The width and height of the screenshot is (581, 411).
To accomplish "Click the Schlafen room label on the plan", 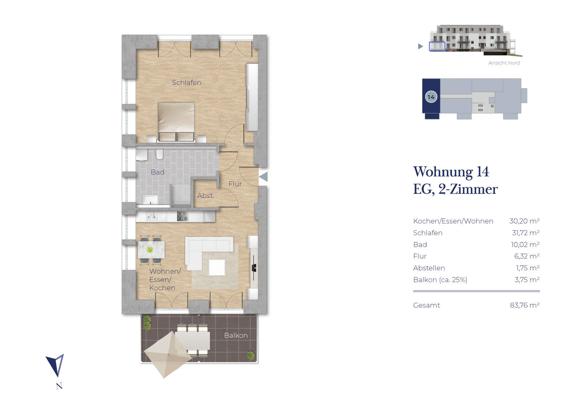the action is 187,82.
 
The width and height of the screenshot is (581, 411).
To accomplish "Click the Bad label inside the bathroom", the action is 158,172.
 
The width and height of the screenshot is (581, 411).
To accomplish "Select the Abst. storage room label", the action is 206,196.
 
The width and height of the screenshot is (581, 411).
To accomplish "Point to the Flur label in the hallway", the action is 235,184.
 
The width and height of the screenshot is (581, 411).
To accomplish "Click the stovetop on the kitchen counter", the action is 182,216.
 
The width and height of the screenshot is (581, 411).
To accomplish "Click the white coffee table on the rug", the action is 217,267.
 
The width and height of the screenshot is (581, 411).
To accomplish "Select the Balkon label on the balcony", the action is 236,335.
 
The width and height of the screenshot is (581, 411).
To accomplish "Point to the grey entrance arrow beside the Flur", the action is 263,176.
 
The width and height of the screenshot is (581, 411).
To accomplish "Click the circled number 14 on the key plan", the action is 431,97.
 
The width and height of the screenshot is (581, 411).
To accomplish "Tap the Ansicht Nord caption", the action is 504,63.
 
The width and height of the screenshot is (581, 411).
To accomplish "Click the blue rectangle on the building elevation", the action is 437,46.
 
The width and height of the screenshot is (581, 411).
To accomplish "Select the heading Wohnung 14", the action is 451,172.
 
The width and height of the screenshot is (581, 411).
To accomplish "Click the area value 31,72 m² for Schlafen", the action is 525,233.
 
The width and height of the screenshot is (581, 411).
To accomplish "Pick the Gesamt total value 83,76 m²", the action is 525,305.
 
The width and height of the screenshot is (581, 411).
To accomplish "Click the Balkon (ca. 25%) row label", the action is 440,280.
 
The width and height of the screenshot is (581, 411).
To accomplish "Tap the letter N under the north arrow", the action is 60,386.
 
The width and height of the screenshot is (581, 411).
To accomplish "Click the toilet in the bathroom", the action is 159,154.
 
